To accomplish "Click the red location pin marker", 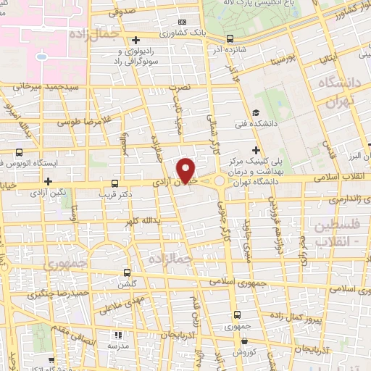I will [x=186, y=169].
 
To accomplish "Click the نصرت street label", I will [x=179, y=87].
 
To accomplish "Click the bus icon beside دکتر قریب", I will [x=114, y=184].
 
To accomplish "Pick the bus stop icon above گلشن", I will [x=128, y=272].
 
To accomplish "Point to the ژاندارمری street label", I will [x=333, y=197].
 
